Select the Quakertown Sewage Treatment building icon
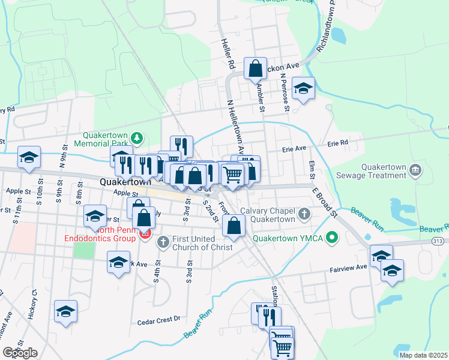pos(414,171)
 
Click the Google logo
pos(20,353)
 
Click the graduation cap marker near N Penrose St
pos(304,89)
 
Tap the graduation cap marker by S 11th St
pos(29,158)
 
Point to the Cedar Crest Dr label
pos(159,319)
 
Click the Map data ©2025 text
pos(423,355)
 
